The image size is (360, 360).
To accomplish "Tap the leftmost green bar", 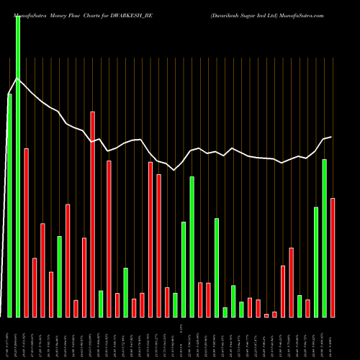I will [x=9, y=205].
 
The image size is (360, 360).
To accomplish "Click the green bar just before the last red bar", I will [x=325, y=238].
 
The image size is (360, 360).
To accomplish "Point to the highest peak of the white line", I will [x=17, y=78].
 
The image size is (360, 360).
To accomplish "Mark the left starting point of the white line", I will [x=7, y=94].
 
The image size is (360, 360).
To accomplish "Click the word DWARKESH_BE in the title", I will [x=133, y=14].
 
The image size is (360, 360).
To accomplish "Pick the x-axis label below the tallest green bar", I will [x=17, y=338].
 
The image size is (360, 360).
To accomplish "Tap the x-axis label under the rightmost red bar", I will [x=333, y=338].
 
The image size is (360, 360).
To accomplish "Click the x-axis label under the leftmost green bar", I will [x=9, y=338].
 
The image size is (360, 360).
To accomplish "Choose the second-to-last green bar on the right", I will [x=316, y=262].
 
